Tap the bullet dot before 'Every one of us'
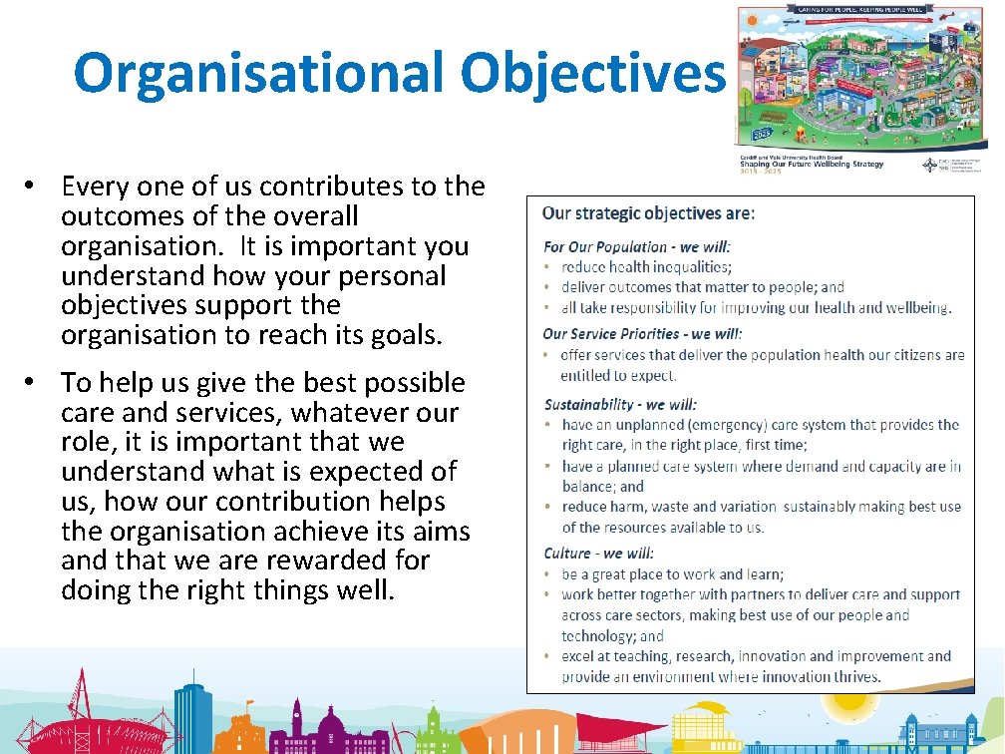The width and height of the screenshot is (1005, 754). tap(32, 186)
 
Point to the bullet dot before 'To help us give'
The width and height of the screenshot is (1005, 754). tap(32, 382)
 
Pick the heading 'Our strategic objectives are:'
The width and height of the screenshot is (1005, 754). tap(648, 212)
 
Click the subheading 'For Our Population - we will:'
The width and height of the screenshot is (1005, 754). tap(637, 246)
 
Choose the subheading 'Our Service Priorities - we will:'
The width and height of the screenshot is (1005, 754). tap(642, 334)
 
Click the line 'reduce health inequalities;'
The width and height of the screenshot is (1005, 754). tap(646, 266)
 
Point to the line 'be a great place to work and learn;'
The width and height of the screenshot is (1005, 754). tap(672, 574)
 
